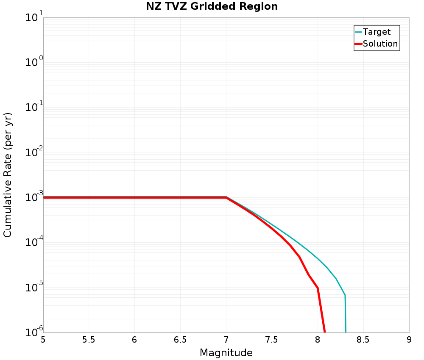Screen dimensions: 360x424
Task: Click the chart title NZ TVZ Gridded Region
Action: [x=212, y=7]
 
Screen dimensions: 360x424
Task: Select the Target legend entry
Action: [x=377, y=32]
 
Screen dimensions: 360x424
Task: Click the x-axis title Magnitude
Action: [x=226, y=353]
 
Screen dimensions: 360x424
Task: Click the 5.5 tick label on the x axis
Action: [x=89, y=340]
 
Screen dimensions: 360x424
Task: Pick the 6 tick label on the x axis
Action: [x=134, y=340]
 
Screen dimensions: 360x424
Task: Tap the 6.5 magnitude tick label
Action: [x=180, y=340]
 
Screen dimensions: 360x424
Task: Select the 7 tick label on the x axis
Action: [x=226, y=340]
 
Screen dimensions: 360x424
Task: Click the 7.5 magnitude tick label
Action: [x=272, y=340]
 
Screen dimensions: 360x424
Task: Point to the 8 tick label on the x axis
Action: [x=318, y=340]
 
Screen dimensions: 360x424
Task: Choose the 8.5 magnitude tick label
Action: [x=363, y=340]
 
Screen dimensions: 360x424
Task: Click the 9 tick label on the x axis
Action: [x=409, y=340]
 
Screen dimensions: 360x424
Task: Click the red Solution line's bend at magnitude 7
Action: [x=226, y=197]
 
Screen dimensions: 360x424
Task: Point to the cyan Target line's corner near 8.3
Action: [x=345, y=295]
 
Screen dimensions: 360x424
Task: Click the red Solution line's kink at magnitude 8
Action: [x=318, y=288]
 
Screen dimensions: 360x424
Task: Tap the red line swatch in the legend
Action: [x=358, y=44]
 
